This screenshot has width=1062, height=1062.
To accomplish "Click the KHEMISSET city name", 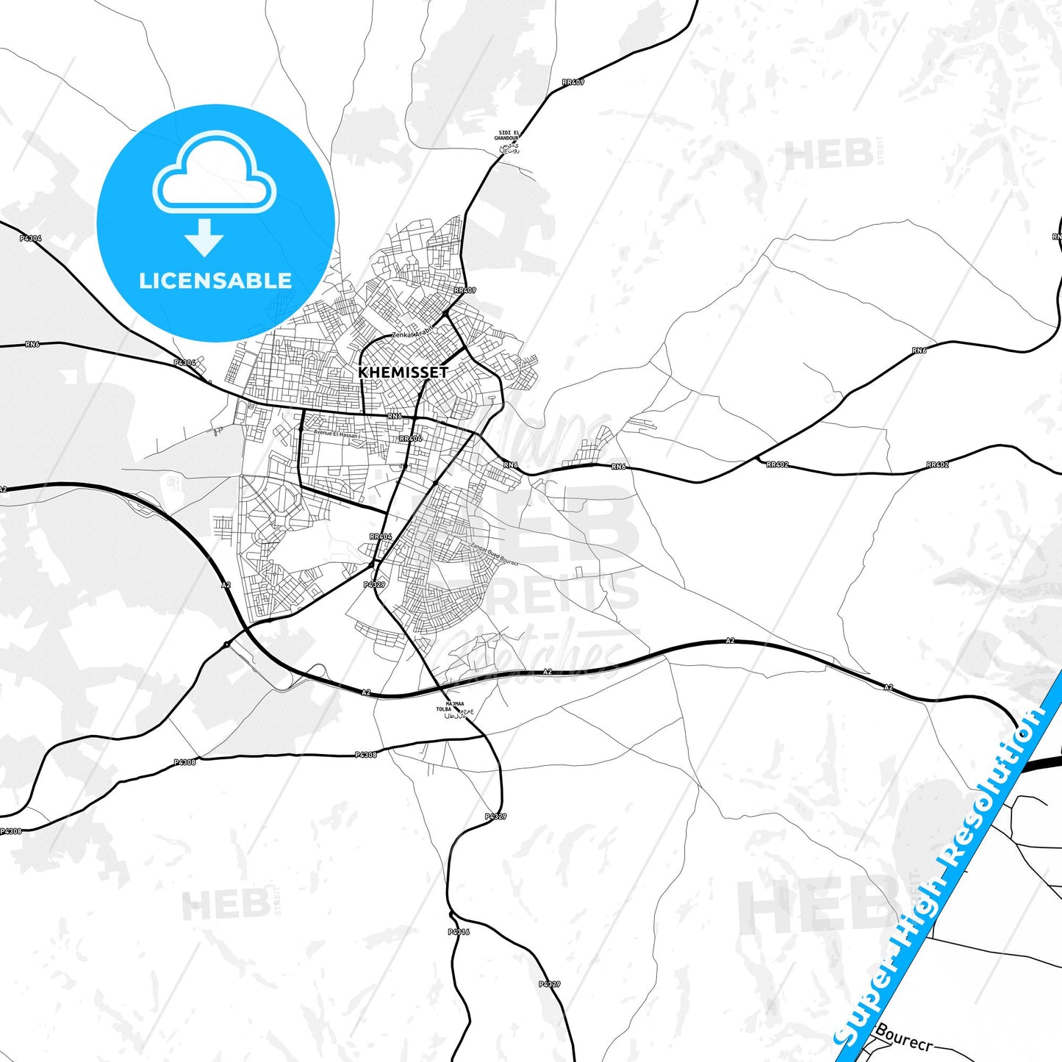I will click(403, 373).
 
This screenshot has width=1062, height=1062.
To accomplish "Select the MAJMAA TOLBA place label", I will click(455, 707).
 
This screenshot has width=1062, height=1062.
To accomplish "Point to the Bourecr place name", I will click(903, 1038).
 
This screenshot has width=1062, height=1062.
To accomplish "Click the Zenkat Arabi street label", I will click(414, 334).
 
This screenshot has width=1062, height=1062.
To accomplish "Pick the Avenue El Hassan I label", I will click(337, 434).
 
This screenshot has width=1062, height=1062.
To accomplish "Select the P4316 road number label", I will click(458, 932).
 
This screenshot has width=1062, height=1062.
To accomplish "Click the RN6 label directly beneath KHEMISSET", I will click(395, 416).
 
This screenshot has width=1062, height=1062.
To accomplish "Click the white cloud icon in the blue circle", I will click(214, 176).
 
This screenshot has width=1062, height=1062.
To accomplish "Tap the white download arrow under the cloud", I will click(204, 237).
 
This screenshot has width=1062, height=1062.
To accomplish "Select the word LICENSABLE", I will click(215, 281).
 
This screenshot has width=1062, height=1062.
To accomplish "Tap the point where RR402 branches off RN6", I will click(756, 459).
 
